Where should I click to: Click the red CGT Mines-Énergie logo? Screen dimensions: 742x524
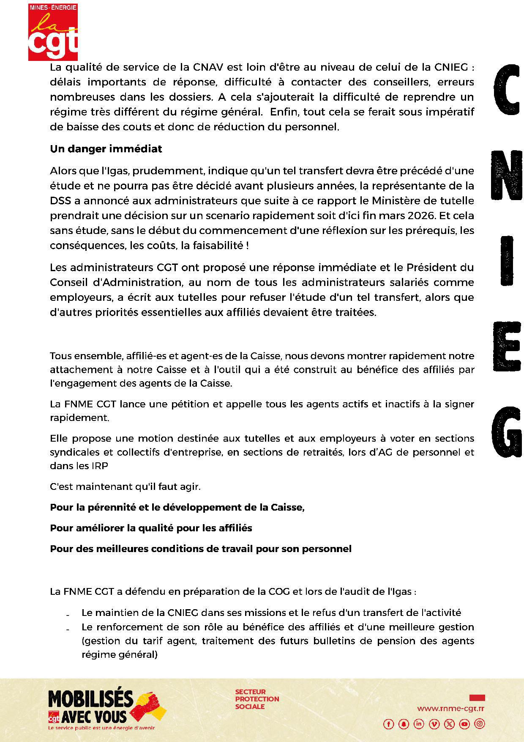(x=53, y=32)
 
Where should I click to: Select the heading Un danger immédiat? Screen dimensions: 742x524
(x=106, y=149)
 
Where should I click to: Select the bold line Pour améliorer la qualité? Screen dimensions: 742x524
(x=151, y=528)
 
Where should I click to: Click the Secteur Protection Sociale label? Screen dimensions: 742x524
(x=257, y=699)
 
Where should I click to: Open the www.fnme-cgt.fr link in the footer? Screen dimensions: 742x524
(x=450, y=709)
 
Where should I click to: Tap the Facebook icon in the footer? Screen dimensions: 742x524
(x=388, y=724)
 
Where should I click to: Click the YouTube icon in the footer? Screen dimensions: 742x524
(x=464, y=724)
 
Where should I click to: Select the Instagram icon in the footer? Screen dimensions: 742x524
(x=480, y=724)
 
